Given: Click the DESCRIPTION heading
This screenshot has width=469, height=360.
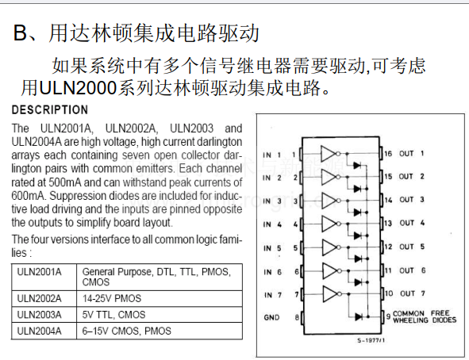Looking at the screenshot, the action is pyautogui.click(x=50, y=109).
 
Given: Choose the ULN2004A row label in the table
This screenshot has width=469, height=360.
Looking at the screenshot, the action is pyautogui.click(x=39, y=331).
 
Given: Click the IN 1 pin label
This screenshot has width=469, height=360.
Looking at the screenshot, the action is pyautogui.click(x=271, y=155).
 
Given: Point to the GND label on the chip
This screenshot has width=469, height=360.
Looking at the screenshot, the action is pyautogui.click(x=271, y=317).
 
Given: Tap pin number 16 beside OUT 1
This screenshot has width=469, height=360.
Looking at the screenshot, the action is pyautogui.click(x=388, y=154).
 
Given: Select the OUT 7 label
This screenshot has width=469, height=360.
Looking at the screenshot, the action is pyautogui.click(x=412, y=293).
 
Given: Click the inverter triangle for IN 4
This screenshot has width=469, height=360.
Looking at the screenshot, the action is pyautogui.click(x=328, y=224).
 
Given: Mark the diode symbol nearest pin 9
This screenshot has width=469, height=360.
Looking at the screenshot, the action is pyautogui.click(x=359, y=316).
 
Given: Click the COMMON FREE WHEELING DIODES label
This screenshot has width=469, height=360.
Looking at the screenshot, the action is pyautogui.click(x=425, y=316).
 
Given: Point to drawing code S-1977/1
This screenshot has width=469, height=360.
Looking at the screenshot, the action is pyautogui.click(x=371, y=340).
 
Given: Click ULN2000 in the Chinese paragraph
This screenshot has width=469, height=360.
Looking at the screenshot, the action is pyautogui.click(x=78, y=88).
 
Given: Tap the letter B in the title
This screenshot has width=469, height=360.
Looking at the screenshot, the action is pyautogui.click(x=20, y=33).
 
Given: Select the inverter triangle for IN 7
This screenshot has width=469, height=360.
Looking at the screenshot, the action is pyautogui.click(x=329, y=294).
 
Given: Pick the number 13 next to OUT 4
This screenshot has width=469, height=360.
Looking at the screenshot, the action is pyautogui.click(x=388, y=223).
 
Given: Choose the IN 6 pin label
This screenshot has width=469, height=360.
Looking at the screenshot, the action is pyautogui.click(x=272, y=272).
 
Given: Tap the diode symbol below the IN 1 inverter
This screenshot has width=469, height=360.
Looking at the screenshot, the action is pyautogui.click(x=357, y=165).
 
